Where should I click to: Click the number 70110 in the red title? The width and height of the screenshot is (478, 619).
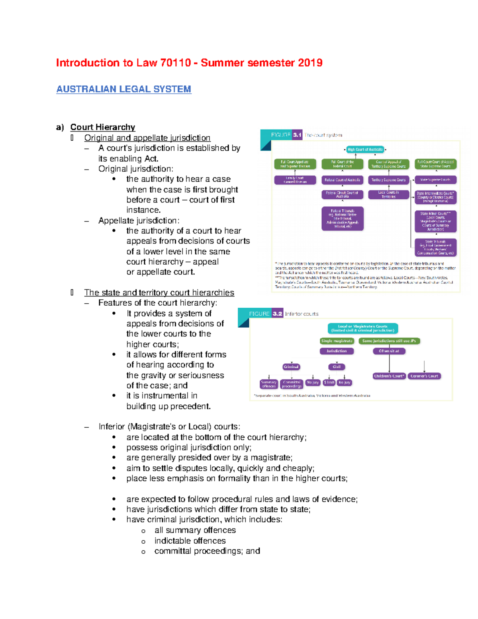(x=175, y=63)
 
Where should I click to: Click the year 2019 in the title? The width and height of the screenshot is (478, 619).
(x=310, y=63)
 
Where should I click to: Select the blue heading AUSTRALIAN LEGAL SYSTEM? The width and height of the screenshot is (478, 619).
(x=123, y=89)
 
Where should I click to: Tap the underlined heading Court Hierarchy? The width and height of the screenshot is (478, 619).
(x=102, y=127)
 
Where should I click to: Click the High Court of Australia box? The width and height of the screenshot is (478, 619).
(x=365, y=149)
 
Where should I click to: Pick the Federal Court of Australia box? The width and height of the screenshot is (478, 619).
(x=342, y=180)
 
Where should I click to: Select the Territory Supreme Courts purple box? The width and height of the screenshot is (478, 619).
(x=388, y=180)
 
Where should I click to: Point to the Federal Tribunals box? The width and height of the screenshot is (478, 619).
(x=342, y=218)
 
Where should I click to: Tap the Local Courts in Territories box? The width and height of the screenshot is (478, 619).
(x=388, y=195)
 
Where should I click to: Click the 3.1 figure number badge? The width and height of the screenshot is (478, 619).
(x=297, y=135)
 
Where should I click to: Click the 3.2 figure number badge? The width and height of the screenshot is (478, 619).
(x=277, y=314)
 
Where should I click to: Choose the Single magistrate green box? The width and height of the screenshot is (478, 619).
(x=337, y=341)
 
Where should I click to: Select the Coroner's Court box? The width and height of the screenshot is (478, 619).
(x=424, y=376)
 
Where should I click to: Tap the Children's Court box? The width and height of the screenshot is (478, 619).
(x=389, y=376)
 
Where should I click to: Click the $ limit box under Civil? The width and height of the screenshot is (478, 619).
(x=329, y=383)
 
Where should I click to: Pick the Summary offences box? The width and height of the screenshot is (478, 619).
(x=268, y=384)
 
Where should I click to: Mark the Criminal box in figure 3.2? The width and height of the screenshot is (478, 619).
(x=291, y=367)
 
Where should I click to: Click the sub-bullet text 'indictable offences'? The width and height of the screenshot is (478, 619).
(x=190, y=541)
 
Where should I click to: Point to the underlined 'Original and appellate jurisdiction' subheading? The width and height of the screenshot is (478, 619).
(x=147, y=138)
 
